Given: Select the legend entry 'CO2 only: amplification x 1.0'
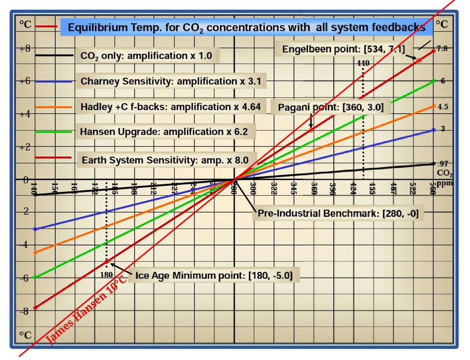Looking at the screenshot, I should pos(146,56).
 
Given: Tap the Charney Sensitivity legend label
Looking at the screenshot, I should pos(170,81).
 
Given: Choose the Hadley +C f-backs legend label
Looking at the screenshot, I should pos(170,107).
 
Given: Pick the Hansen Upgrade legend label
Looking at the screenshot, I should pos(164,132).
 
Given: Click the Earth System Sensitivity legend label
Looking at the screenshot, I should pos(166,160).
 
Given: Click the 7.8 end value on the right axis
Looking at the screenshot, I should pos(443,49).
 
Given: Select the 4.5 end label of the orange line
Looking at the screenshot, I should pos(443,106).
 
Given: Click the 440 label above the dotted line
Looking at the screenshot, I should pos(363,63).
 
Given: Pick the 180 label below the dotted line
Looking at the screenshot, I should pos(106,275).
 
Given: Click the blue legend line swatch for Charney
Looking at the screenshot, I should pos(54,81).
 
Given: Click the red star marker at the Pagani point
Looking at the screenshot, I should pos(311,130).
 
